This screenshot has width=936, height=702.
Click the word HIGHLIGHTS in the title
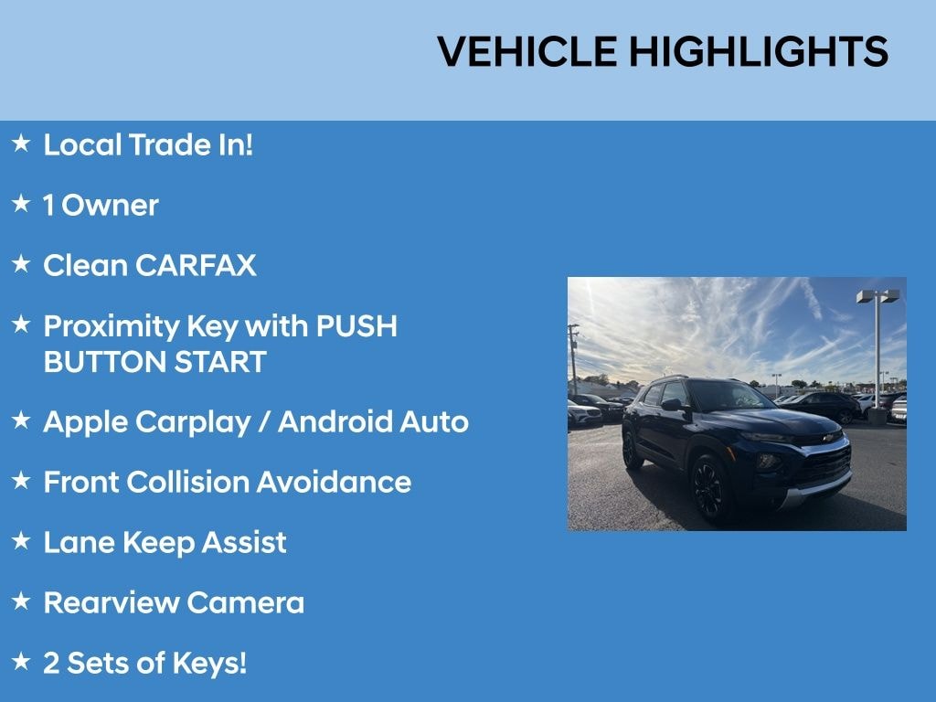coord(759,51)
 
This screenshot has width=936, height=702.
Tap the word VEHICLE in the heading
coord(527,51)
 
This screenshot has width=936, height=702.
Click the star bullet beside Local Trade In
coord(21,143)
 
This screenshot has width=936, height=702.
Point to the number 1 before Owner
coord(48,206)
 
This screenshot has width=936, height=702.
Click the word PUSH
coord(356,326)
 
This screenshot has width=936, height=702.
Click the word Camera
coord(245,602)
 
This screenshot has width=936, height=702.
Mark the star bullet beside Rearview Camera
coord(21,601)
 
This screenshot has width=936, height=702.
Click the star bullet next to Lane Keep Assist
coord(21,540)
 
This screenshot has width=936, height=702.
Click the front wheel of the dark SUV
coord(709,490)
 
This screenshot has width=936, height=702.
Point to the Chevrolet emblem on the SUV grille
coord(828,438)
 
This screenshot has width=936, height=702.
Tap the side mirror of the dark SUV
coord(672,405)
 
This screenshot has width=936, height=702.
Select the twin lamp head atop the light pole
coord(877,296)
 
